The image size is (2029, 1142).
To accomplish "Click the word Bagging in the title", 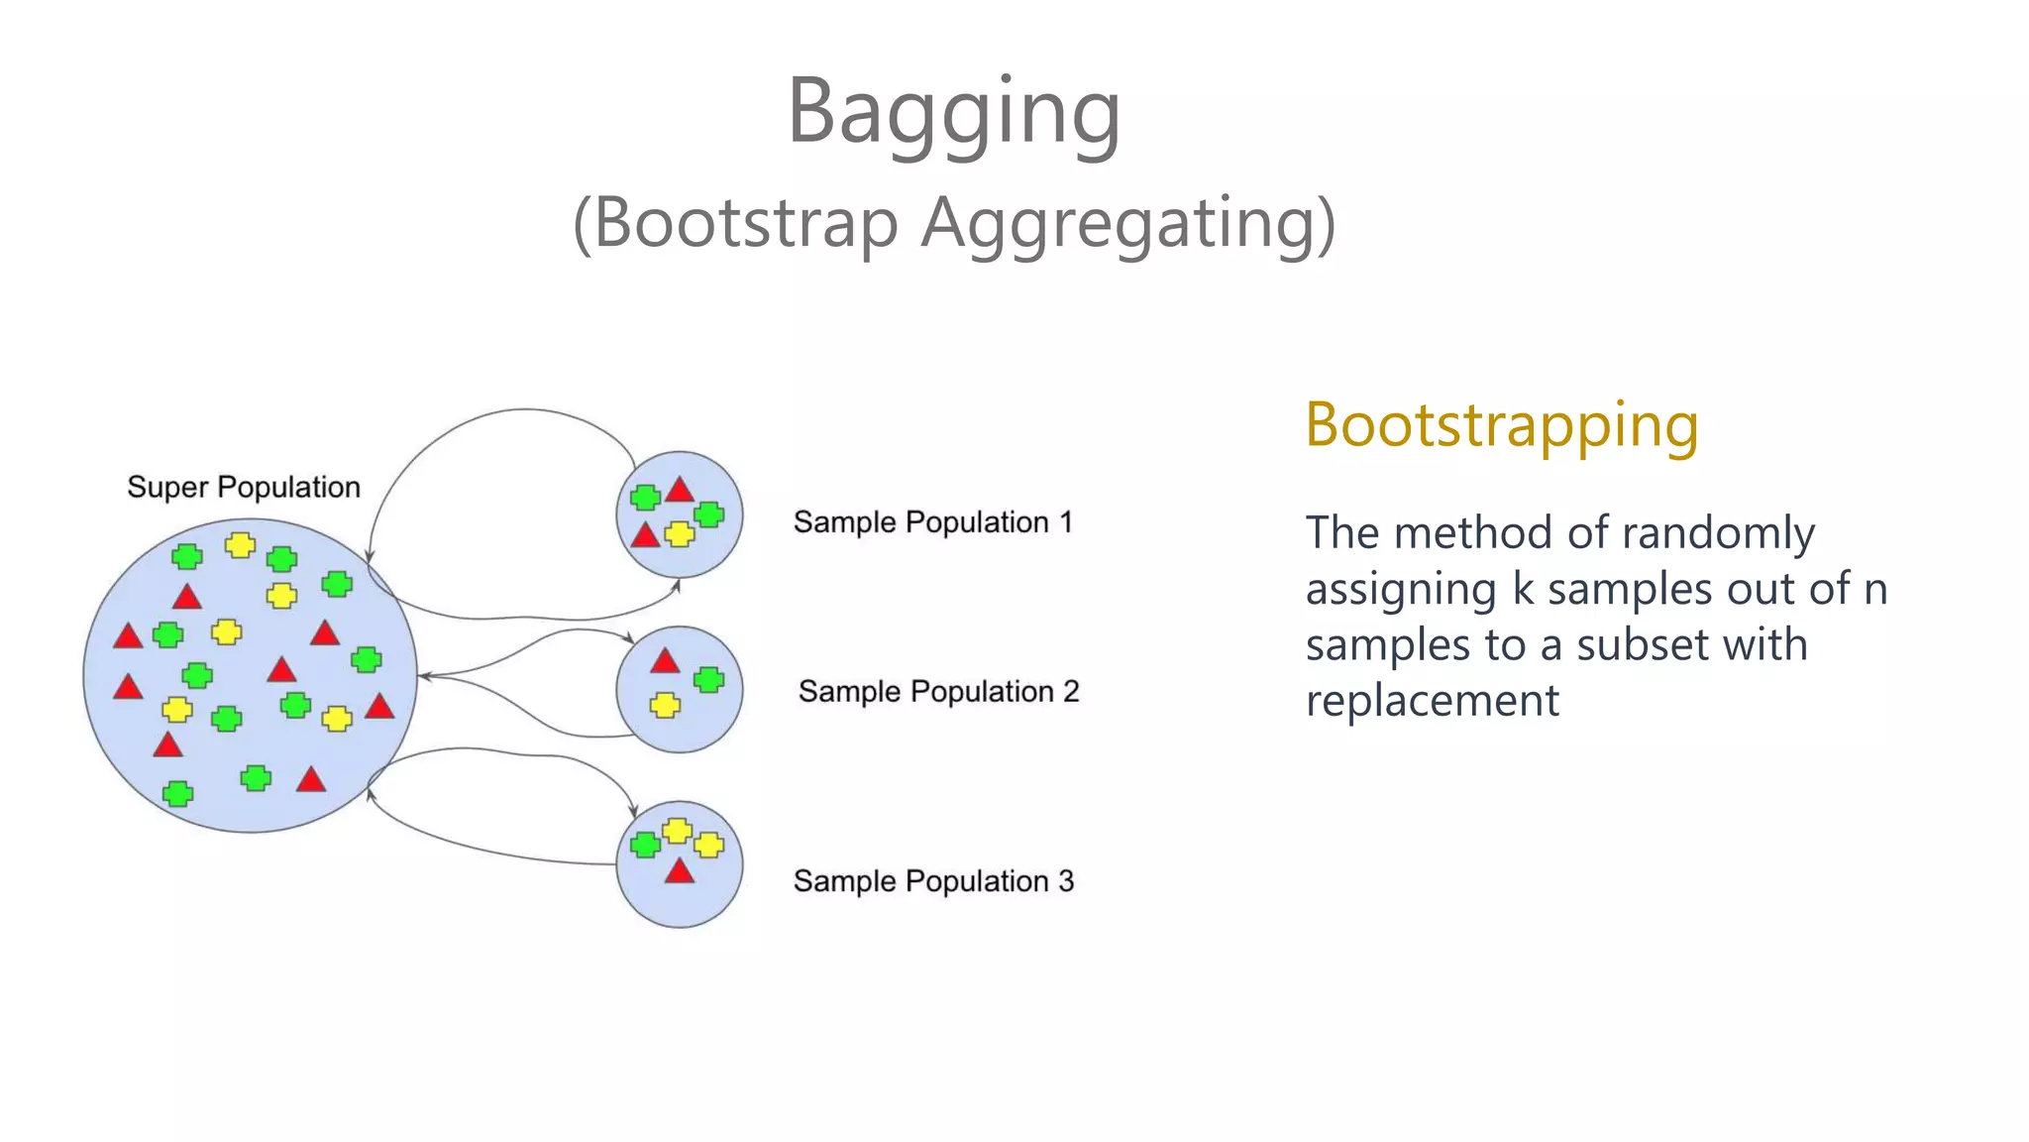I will coord(953,111).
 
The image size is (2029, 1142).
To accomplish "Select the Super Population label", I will coord(243,487).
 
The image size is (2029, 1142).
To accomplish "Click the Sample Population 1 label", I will coord(932,522).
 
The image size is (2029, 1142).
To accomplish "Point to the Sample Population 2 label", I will coord(938,691).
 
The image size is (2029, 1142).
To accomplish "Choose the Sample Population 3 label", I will coord(932,880).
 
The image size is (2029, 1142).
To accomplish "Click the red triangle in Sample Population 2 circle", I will coord(665,661).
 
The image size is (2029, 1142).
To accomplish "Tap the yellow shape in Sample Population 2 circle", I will coord(665,705).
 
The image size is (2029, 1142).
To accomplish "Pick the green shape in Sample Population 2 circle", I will coord(708,680).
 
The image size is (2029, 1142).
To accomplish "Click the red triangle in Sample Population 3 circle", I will coord(679,872).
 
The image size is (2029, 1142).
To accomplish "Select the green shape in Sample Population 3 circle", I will coord(645,845).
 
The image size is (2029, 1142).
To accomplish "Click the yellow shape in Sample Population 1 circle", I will coord(679,534).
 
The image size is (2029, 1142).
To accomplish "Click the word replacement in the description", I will coord(1432,702).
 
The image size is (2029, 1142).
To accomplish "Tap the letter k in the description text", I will coord(1523,589).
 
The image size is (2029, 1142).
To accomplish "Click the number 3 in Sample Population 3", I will coord(1066,880).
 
